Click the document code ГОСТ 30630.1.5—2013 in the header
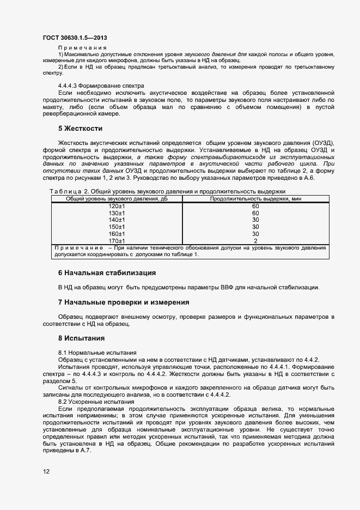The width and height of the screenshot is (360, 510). coord(74,38)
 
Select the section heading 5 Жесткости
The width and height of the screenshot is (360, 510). coord(81,129)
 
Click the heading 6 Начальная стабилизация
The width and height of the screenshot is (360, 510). coord(107,272)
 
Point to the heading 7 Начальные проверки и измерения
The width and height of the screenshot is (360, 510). coord(124,302)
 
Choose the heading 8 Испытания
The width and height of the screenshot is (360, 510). coord(81,338)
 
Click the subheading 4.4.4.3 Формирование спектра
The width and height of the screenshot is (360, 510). coord(101,86)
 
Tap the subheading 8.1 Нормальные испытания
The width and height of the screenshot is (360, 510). coord(97,353)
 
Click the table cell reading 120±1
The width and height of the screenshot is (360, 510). coord(117,206)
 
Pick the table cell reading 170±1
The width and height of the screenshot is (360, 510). coord(117,241)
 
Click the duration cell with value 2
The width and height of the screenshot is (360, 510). coord(255,241)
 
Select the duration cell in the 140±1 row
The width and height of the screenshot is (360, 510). coord(255,220)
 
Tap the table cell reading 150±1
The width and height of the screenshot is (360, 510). coord(117,227)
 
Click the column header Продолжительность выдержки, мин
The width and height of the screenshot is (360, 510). coord(255,199)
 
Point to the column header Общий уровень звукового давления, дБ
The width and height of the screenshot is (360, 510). coord(117,199)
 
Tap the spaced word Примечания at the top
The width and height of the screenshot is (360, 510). coord(82,48)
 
